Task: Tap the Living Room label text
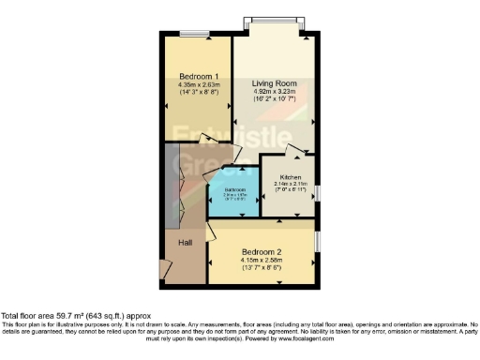point(274,83)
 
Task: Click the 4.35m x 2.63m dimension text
point(199,85)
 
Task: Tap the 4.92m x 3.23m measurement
point(274,92)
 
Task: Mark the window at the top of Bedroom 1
point(196,34)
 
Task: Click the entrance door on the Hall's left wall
point(165,271)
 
